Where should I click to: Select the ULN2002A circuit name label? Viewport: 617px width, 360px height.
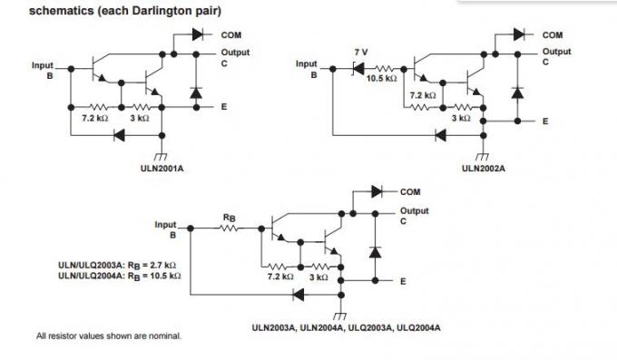[x=484, y=167]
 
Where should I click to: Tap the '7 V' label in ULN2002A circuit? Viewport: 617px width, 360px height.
[x=360, y=52]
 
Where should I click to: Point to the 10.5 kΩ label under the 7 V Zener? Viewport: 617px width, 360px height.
[x=382, y=79]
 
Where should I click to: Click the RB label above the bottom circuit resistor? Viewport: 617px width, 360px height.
[x=230, y=218]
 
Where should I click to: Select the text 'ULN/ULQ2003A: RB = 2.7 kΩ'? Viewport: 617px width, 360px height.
[x=118, y=265]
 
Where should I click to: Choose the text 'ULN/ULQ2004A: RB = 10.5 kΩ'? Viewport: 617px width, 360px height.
[x=120, y=275]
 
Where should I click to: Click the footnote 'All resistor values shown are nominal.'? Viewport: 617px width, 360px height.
[x=108, y=336]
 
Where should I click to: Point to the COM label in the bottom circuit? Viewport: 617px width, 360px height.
[x=410, y=191]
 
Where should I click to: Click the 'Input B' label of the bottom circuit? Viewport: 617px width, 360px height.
[x=166, y=229]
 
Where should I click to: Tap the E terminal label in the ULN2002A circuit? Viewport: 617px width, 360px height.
[x=545, y=121]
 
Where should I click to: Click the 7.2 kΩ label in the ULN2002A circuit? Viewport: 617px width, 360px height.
[x=423, y=94]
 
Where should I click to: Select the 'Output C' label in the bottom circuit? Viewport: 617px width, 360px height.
[x=414, y=216]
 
